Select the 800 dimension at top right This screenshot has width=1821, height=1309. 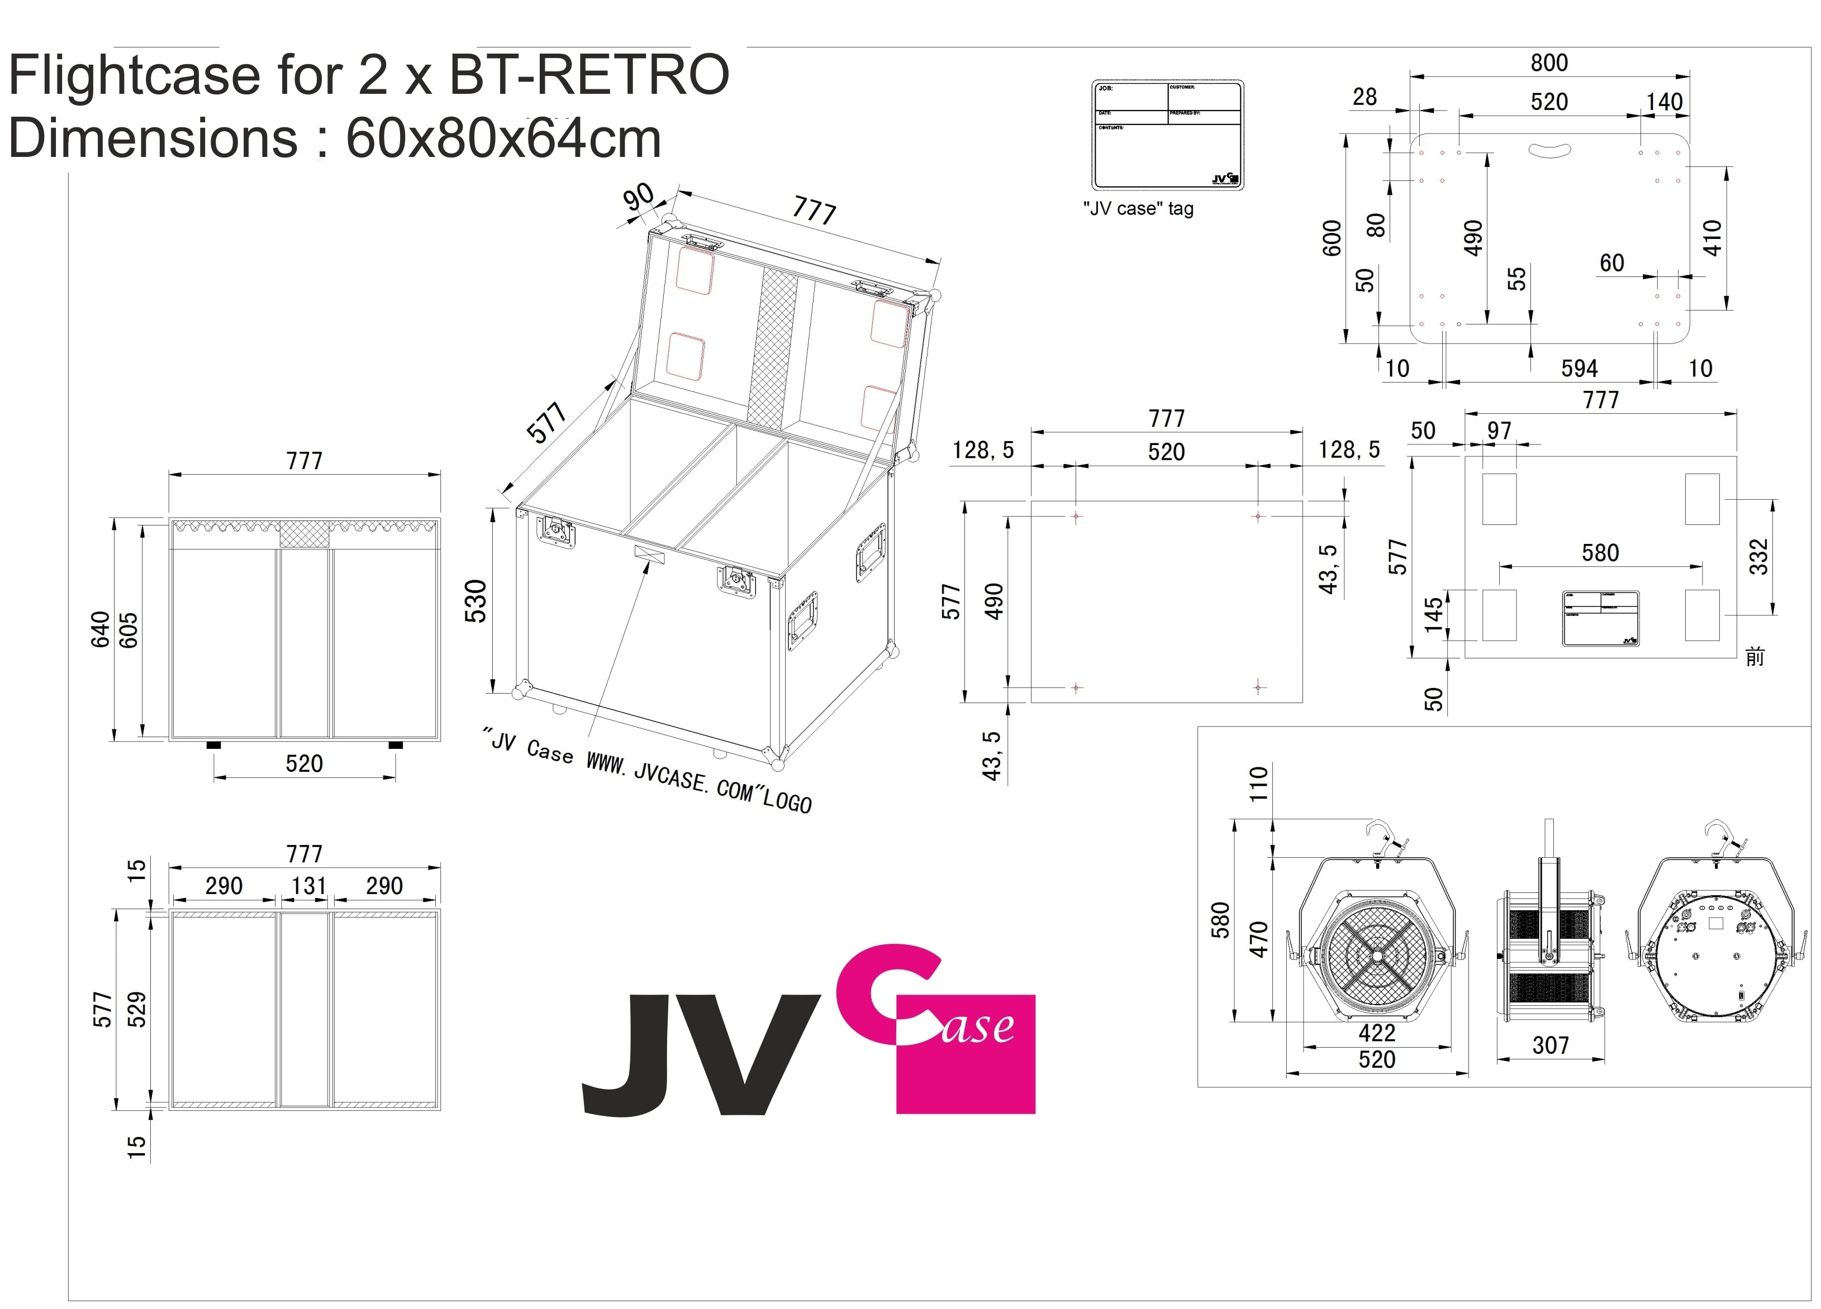pyautogui.click(x=1549, y=63)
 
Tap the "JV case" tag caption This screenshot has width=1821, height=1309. pyautogui.click(x=1138, y=209)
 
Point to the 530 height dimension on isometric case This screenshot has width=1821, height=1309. pyautogui.click(x=476, y=600)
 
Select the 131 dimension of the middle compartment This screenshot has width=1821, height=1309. pyautogui.click(x=308, y=886)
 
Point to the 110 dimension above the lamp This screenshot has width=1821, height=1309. pyautogui.click(x=1258, y=784)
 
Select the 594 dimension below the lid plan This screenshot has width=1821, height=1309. pyautogui.click(x=1578, y=369)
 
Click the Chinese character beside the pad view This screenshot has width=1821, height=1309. pyautogui.click(x=1755, y=657)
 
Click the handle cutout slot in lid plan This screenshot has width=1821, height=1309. pyautogui.click(x=1551, y=150)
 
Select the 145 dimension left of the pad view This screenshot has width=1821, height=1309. pyautogui.click(x=1433, y=615)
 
